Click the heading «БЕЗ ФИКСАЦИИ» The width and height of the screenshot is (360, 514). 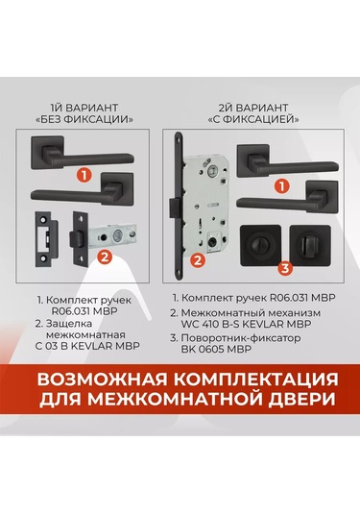pyautogui.click(x=84, y=120)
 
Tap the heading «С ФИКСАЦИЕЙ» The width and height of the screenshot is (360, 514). pyautogui.click(x=253, y=120)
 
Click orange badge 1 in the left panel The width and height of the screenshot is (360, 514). pyautogui.click(x=84, y=176)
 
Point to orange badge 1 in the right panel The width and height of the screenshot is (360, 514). pyautogui.click(x=282, y=186)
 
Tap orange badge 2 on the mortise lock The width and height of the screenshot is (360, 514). pyautogui.click(x=198, y=261)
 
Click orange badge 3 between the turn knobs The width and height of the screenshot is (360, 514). pyautogui.click(x=285, y=268)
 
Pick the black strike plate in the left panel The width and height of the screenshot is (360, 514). pyautogui.click(x=46, y=239)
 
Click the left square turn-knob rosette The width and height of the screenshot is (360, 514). pyautogui.click(x=261, y=245)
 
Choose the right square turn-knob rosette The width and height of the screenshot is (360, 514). pyautogui.click(x=310, y=245)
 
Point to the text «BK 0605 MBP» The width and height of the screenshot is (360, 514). pyautogui.click(x=217, y=349)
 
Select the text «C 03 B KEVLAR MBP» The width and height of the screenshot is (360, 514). pyautogui.click(x=87, y=346)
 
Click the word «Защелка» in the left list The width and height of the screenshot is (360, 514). pyautogui.click(x=64, y=324)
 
